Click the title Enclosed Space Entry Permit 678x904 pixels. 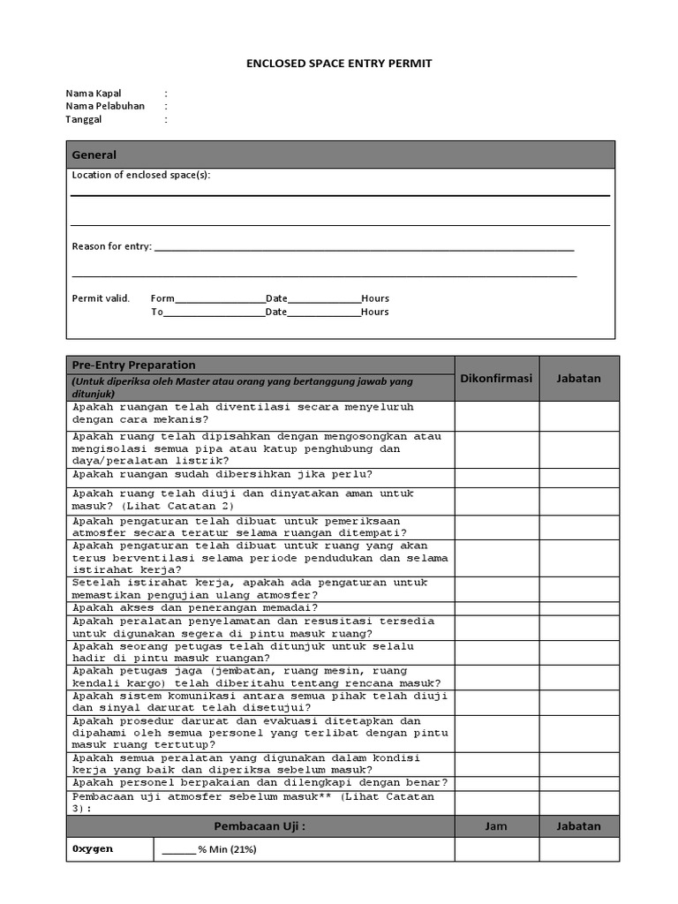pyautogui.click(x=339, y=64)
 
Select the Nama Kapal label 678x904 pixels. pyautogui.click(x=94, y=93)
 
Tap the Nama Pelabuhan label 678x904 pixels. pyautogui.click(x=105, y=106)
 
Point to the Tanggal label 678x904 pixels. pyautogui.click(x=84, y=119)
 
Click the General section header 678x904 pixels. pyautogui.click(x=94, y=154)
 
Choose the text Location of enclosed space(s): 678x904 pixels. pyautogui.click(x=141, y=175)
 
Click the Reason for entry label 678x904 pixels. pyautogui.click(x=111, y=246)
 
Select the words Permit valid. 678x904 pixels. pyautogui.click(x=101, y=298)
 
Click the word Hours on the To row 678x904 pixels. pyautogui.click(x=375, y=312)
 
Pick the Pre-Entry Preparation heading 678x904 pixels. pyautogui.click(x=134, y=365)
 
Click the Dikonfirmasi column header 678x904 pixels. pyautogui.click(x=496, y=378)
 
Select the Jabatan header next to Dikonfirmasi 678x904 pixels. pyautogui.click(x=579, y=378)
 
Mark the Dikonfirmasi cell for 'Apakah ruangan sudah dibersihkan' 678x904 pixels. pyautogui.click(x=496, y=476)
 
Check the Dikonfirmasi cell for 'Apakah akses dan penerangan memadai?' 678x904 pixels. pyautogui.click(x=496, y=607)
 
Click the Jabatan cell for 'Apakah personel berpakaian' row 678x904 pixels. pyautogui.click(x=579, y=782)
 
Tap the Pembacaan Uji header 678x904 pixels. pyautogui.click(x=260, y=826)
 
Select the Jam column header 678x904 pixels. pyautogui.click(x=496, y=826)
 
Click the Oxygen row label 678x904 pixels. pyautogui.click(x=93, y=849)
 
